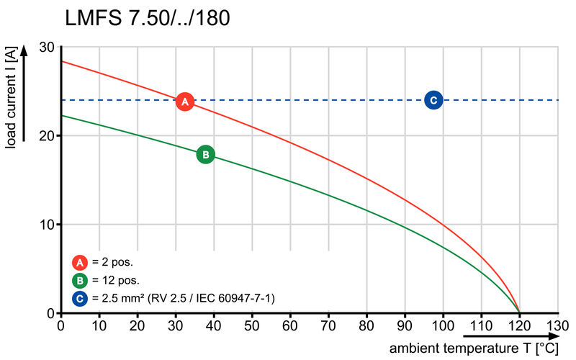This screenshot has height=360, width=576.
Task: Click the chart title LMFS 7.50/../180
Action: click(148, 17)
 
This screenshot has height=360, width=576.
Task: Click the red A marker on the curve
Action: click(185, 102)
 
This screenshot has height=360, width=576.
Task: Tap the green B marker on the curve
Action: click(205, 154)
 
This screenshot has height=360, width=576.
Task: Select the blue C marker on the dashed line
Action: click(433, 100)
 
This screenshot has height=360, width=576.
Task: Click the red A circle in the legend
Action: click(78, 261)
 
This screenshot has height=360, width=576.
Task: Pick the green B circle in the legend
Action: click(78, 280)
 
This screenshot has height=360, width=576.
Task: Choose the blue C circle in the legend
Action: click(78, 298)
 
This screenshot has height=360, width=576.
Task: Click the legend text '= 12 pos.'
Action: click(116, 280)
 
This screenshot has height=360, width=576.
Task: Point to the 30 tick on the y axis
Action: click(48, 47)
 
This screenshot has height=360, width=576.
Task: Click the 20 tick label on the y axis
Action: click(48, 135)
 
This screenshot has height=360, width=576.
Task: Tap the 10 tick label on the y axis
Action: click(48, 225)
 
